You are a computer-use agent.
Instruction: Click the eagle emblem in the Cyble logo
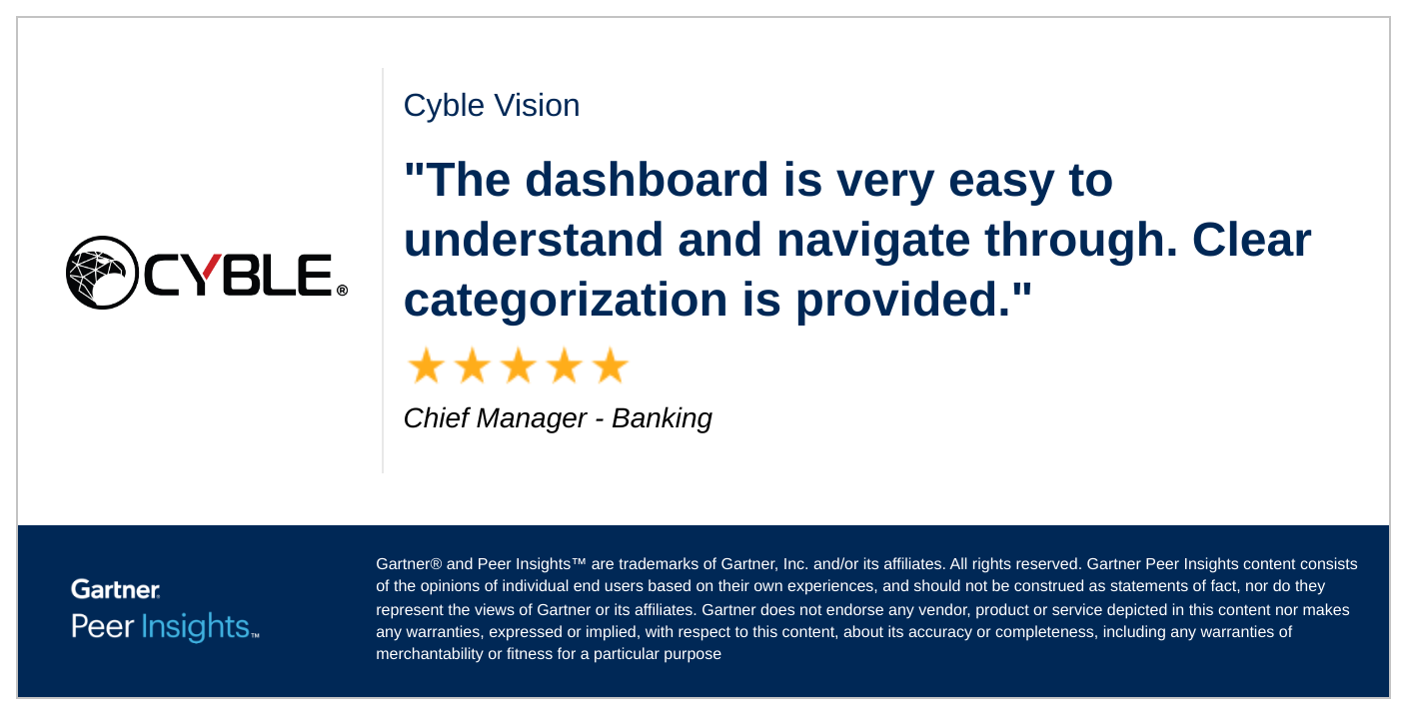point(102,273)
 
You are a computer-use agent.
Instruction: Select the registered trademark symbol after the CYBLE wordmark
point(342,291)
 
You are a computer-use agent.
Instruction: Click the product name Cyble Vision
point(491,106)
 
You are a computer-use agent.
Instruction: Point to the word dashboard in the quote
point(647,180)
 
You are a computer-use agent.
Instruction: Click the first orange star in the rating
point(425,366)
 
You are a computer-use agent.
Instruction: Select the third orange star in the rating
point(518,366)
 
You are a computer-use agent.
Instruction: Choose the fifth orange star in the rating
point(610,366)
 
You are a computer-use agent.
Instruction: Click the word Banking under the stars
point(662,418)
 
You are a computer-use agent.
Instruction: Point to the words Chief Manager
point(495,418)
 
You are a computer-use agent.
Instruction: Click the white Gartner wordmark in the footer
point(115,589)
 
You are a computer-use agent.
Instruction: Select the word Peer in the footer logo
point(102,627)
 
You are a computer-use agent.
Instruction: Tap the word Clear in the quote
point(1251,240)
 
